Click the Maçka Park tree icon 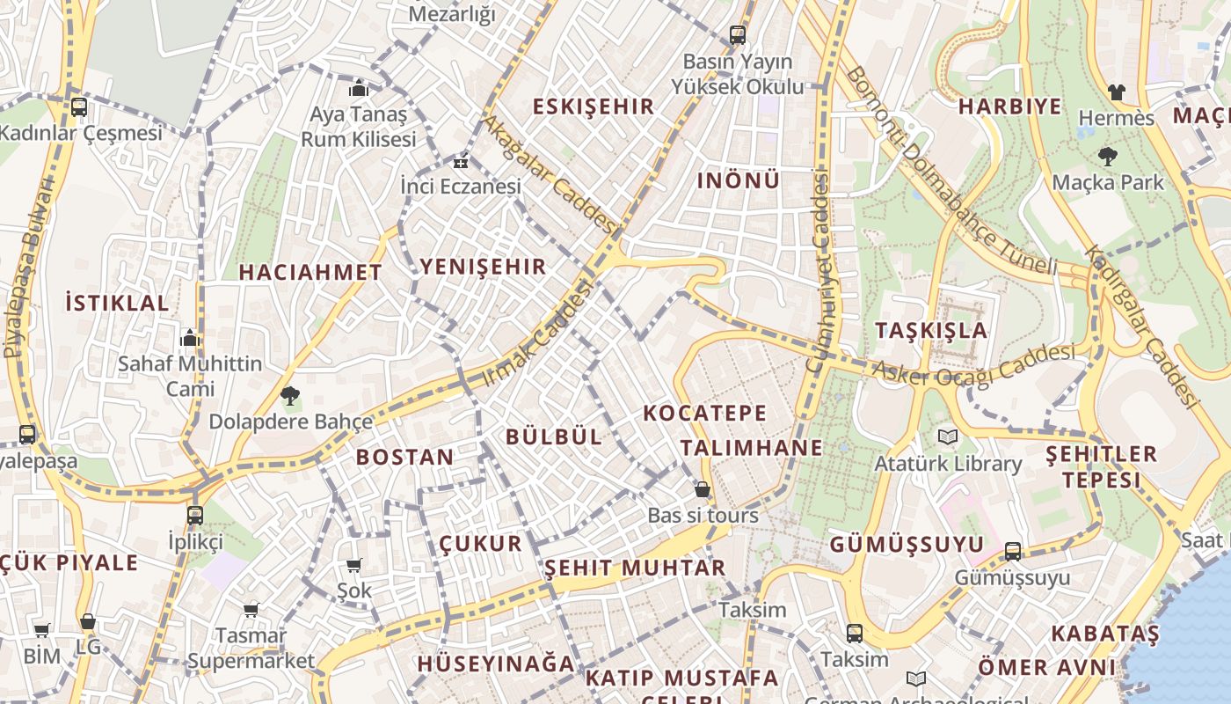click(x=1107, y=158)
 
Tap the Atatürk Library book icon click(x=947, y=437)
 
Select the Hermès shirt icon click(x=1116, y=92)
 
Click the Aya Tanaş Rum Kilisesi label click(x=358, y=127)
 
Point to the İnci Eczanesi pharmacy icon click(x=460, y=162)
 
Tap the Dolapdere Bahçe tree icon click(x=289, y=396)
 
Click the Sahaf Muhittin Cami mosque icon click(x=190, y=338)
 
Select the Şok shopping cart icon click(x=353, y=565)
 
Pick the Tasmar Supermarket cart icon click(x=251, y=609)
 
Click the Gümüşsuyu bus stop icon click(x=1013, y=552)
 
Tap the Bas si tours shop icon click(x=702, y=489)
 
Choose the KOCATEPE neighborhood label click(x=704, y=413)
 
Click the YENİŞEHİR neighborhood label click(x=483, y=267)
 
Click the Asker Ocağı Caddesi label click(x=973, y=363)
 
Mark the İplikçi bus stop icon click(x=195, y=515)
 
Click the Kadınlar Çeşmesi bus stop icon click(x=79, y=107)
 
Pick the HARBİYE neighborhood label click(x=1009, y=106)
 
